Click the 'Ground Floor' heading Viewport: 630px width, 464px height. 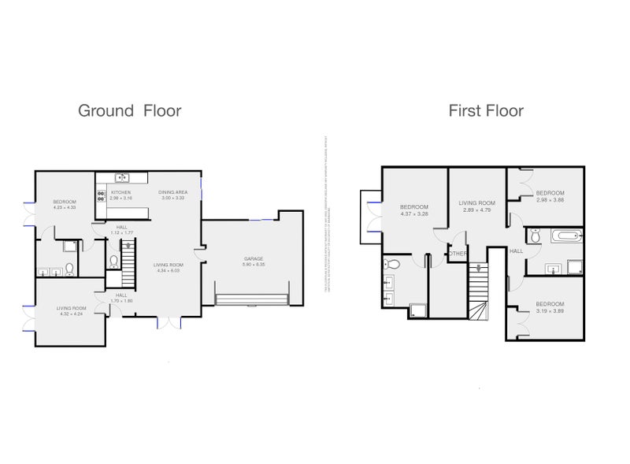129,110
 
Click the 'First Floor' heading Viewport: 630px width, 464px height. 486,110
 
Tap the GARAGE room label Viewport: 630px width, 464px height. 252,258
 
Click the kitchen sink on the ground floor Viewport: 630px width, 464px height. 121,177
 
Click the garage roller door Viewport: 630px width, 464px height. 250,298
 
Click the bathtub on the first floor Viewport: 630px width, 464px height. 564,236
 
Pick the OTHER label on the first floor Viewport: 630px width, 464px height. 458,254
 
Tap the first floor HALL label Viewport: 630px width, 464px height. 516,251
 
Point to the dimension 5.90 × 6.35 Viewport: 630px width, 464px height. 252,265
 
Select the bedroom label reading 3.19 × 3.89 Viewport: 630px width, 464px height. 550,310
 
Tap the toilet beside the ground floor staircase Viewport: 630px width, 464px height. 114,262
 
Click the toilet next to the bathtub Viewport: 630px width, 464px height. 535,235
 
